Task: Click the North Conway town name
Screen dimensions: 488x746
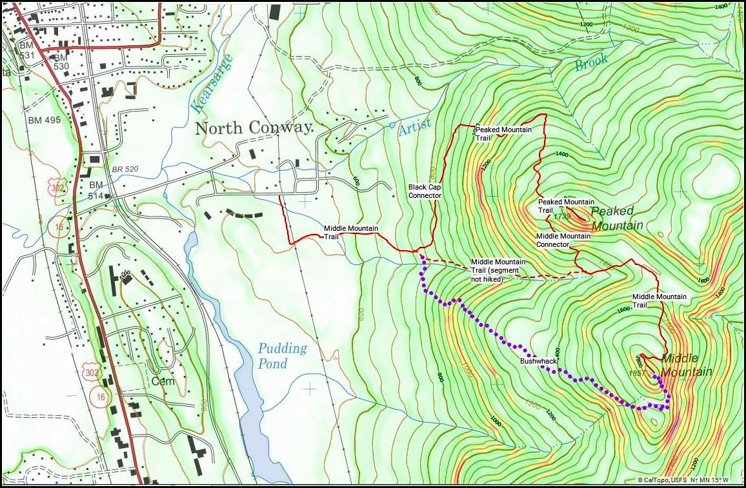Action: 254,128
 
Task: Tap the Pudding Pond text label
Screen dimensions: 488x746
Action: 283,356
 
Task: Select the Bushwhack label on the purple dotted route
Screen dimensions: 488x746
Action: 538,362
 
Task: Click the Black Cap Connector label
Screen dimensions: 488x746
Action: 425,191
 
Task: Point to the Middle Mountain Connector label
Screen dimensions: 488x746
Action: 563,240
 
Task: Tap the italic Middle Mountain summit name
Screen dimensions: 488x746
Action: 687,365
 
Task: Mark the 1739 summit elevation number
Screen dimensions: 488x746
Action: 561,217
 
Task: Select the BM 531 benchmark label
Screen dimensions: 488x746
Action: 26,50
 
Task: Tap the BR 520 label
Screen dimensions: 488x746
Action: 126,169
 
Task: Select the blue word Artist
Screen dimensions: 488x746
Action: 414,128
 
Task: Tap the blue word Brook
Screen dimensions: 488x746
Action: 591,63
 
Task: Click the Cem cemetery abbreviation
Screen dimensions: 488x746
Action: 159,380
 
